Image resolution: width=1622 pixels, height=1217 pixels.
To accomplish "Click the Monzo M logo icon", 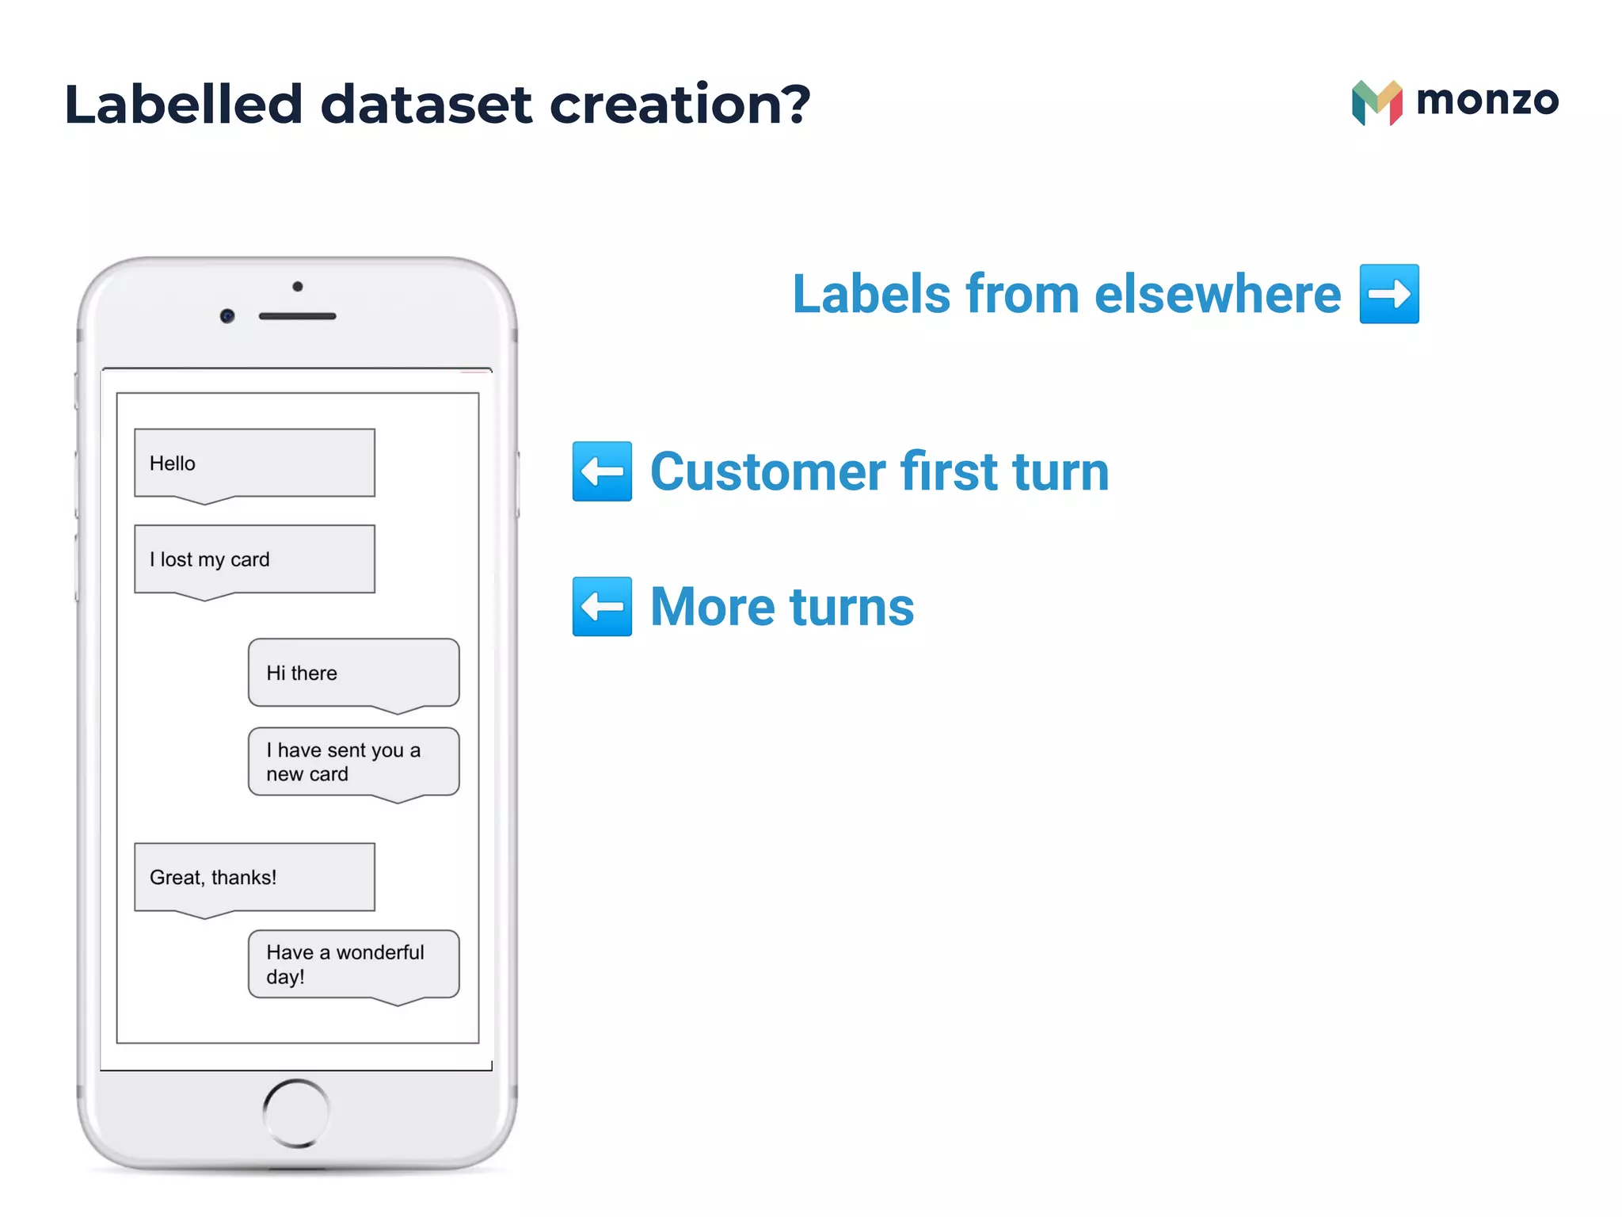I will (1376, 103).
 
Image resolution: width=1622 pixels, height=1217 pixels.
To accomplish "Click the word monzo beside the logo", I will (1487, 101).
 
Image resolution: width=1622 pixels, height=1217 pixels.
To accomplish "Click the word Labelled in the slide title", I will (183, 105).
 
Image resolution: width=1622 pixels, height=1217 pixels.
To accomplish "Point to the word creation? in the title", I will (680, 105).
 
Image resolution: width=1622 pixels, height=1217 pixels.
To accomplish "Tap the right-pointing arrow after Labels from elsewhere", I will (1389, 294).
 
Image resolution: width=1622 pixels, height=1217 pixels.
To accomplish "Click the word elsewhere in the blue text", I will (1217, 294).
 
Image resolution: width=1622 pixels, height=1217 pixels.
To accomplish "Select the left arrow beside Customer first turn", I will (602, 471).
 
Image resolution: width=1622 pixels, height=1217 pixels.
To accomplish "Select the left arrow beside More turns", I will (602, 606).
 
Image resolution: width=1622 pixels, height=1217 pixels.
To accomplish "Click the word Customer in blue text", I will (767, 471).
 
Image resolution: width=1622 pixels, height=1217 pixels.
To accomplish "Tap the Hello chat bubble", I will (254, 464).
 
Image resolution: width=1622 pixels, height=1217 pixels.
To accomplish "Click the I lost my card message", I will (254, 559).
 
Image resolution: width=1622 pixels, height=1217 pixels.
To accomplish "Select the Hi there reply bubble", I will (353, 673).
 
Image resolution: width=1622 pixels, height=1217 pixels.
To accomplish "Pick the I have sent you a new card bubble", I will (353, 761).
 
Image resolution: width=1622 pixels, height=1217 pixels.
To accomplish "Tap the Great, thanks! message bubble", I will (254, 877).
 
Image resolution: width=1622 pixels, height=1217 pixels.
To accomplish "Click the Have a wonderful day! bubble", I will (353, 963).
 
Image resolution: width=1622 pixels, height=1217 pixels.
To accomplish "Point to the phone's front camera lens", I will (227, 316).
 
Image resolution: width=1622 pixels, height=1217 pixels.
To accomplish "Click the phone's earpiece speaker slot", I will (297, 316).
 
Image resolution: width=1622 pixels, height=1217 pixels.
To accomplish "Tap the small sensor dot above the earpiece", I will (297, 286).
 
